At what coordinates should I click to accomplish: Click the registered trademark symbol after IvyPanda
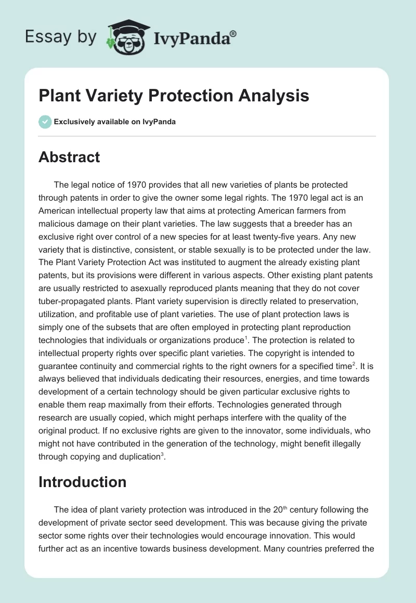[233, 34]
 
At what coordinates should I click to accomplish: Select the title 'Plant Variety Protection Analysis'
[174, 96]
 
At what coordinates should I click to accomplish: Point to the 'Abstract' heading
[69, 157]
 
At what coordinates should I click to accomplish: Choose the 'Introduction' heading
[82, 482]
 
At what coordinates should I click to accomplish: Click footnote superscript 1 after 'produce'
[246, 337]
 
